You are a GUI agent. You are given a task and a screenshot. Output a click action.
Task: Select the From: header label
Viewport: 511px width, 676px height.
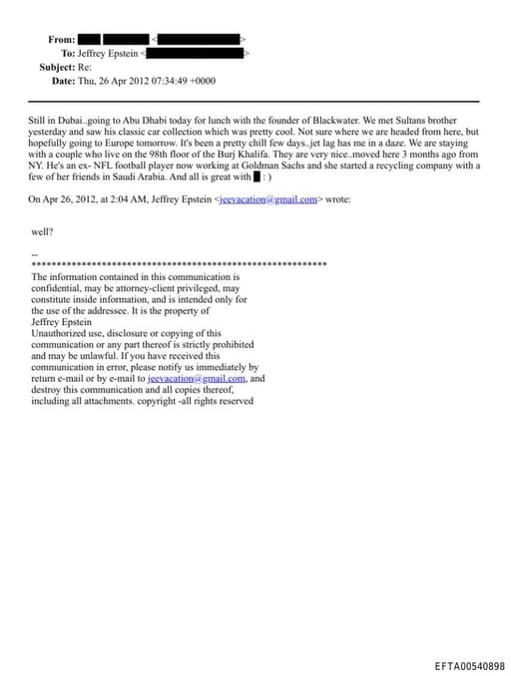point(61,40)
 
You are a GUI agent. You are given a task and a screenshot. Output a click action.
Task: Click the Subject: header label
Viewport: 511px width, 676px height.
point(57,67)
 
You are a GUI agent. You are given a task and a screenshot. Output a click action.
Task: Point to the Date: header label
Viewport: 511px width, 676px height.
point(63,81)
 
